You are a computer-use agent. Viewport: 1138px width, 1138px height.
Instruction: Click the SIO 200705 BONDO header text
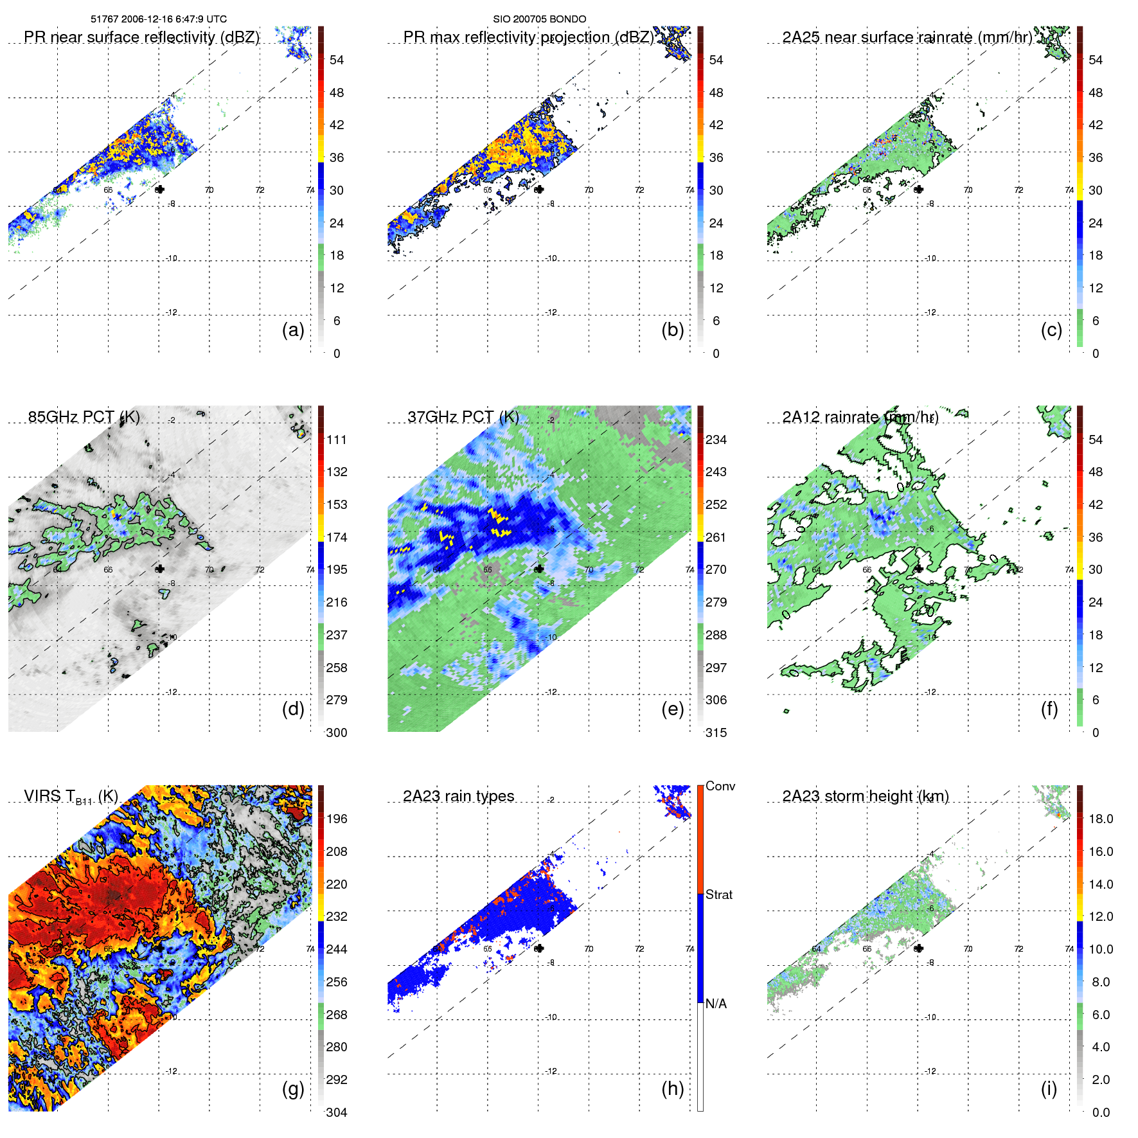pos(539,19)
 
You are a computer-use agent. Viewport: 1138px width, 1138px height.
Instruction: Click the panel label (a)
pos(293,330)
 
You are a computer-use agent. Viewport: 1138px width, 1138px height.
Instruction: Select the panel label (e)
pos(672,709)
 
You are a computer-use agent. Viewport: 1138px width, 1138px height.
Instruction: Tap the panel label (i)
pos(1049,1089)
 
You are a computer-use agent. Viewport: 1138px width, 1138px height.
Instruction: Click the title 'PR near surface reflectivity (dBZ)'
pos(141,37)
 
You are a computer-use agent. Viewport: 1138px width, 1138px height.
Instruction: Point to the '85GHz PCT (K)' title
pos(84,417)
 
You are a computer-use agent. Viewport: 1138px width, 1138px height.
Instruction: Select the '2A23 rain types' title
pos(458,796)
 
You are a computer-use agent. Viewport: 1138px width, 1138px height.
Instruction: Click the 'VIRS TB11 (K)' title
pos(71,797)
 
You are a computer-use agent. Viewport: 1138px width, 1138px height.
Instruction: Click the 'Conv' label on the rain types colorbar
pos(720,786)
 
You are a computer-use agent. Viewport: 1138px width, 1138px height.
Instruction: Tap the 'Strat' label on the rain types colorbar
pos(719,894)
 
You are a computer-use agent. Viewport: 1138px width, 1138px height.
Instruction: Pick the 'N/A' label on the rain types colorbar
pos(716,1004)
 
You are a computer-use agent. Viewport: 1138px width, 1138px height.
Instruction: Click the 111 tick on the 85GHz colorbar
pos(337,440)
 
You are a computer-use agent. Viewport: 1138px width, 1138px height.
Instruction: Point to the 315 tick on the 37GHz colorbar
pos(716,733)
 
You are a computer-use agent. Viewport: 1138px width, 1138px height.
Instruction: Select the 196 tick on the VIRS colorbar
pos(337,819)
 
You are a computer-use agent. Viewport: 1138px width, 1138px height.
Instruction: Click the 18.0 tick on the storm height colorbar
pos(1101,819)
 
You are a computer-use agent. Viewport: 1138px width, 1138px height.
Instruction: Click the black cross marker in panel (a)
pos(160,189)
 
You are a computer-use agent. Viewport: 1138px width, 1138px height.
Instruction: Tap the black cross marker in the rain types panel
pos(539,948)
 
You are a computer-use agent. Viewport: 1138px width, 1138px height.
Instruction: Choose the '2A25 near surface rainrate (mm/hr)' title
pos(907,37)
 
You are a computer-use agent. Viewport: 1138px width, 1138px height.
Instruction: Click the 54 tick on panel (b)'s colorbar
pos(716,60)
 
